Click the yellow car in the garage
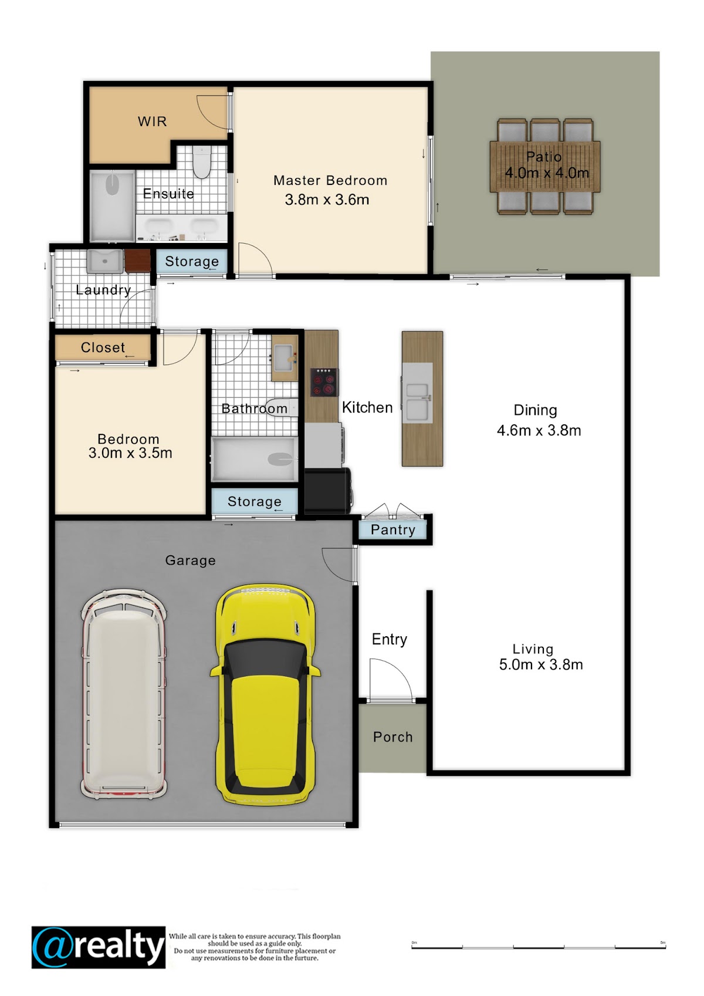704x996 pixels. [265, 695]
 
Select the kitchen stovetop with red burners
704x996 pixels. [324, 382]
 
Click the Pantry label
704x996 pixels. [393, 529]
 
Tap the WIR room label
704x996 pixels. [153, 121]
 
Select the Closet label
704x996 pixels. [103, 347]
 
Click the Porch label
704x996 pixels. [393, 737]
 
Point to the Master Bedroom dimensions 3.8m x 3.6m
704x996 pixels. [327, 200]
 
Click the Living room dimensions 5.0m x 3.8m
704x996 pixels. [541, 664]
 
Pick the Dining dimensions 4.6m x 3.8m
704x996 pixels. [539, 430]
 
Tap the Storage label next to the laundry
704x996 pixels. [192, 261]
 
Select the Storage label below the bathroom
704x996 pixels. [255, 502]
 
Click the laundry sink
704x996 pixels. [105, 261]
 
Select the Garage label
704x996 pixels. [191, 561]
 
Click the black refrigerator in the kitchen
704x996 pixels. [328, 491]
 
